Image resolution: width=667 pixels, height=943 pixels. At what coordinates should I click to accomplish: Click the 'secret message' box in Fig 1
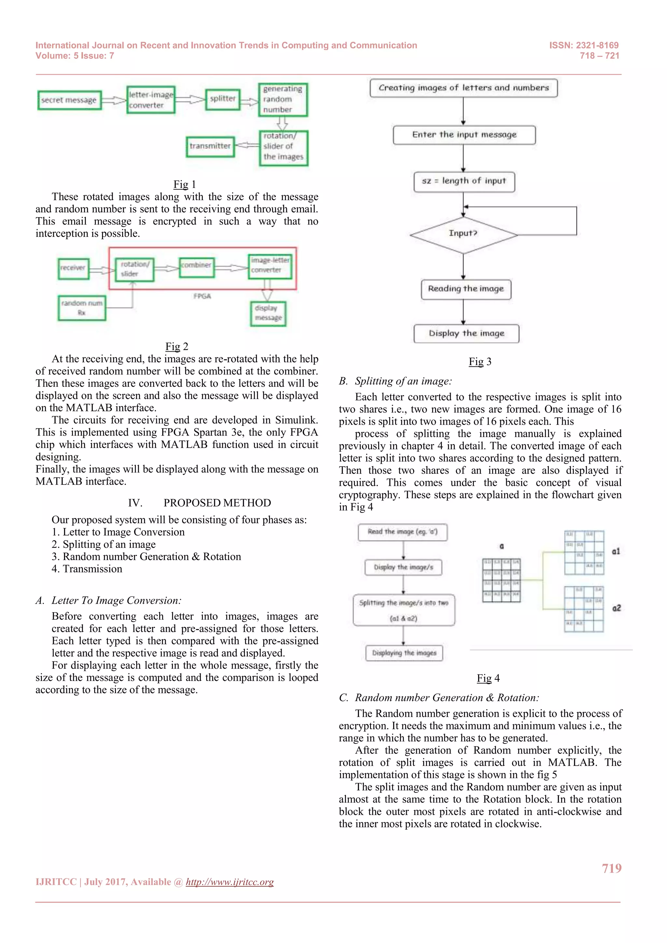pyautogui.click(x=69, y=100)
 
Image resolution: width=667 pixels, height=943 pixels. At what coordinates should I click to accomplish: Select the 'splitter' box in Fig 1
pyautogui.click(x=223, y=99)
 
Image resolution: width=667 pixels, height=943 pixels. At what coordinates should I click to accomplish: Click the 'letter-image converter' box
pyautogui.click(x=151, y=100)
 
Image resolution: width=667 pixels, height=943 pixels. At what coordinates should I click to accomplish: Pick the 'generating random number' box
pyautogui.click(x=283, y=100)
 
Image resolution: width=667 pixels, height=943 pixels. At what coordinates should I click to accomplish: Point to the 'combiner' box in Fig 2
pyautogui.click(x=197, y=267)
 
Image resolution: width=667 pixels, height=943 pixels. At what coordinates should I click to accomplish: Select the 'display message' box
pyautogui.click(x=268, y=313)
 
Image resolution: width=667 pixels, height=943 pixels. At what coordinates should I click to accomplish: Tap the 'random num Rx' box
pyautogui.click(x=82, y=308)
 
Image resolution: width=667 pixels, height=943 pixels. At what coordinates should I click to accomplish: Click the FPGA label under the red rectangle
pyautogui.click(x=202, y=296)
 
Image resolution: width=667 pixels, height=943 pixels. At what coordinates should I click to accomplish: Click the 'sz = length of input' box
pyautogui.click(x=464, y=182)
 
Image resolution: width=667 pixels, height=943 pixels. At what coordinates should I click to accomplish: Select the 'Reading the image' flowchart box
pyautogui.click(x=466, y=289)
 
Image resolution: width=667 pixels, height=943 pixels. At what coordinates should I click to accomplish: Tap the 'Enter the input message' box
pyautogui.click(x=464, y=135)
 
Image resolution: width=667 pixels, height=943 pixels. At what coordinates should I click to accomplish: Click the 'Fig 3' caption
pyautogui.click(x=480, y=362)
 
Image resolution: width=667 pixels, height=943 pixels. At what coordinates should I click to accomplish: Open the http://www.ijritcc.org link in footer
pyautogui.click(x=230, y=882)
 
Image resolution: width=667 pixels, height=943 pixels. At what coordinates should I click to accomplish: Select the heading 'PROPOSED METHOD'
pyautogui.click(x=217, y=503)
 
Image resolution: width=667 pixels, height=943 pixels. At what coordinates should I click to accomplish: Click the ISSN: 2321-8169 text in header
pyautogui.click(x=584, y=45)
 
